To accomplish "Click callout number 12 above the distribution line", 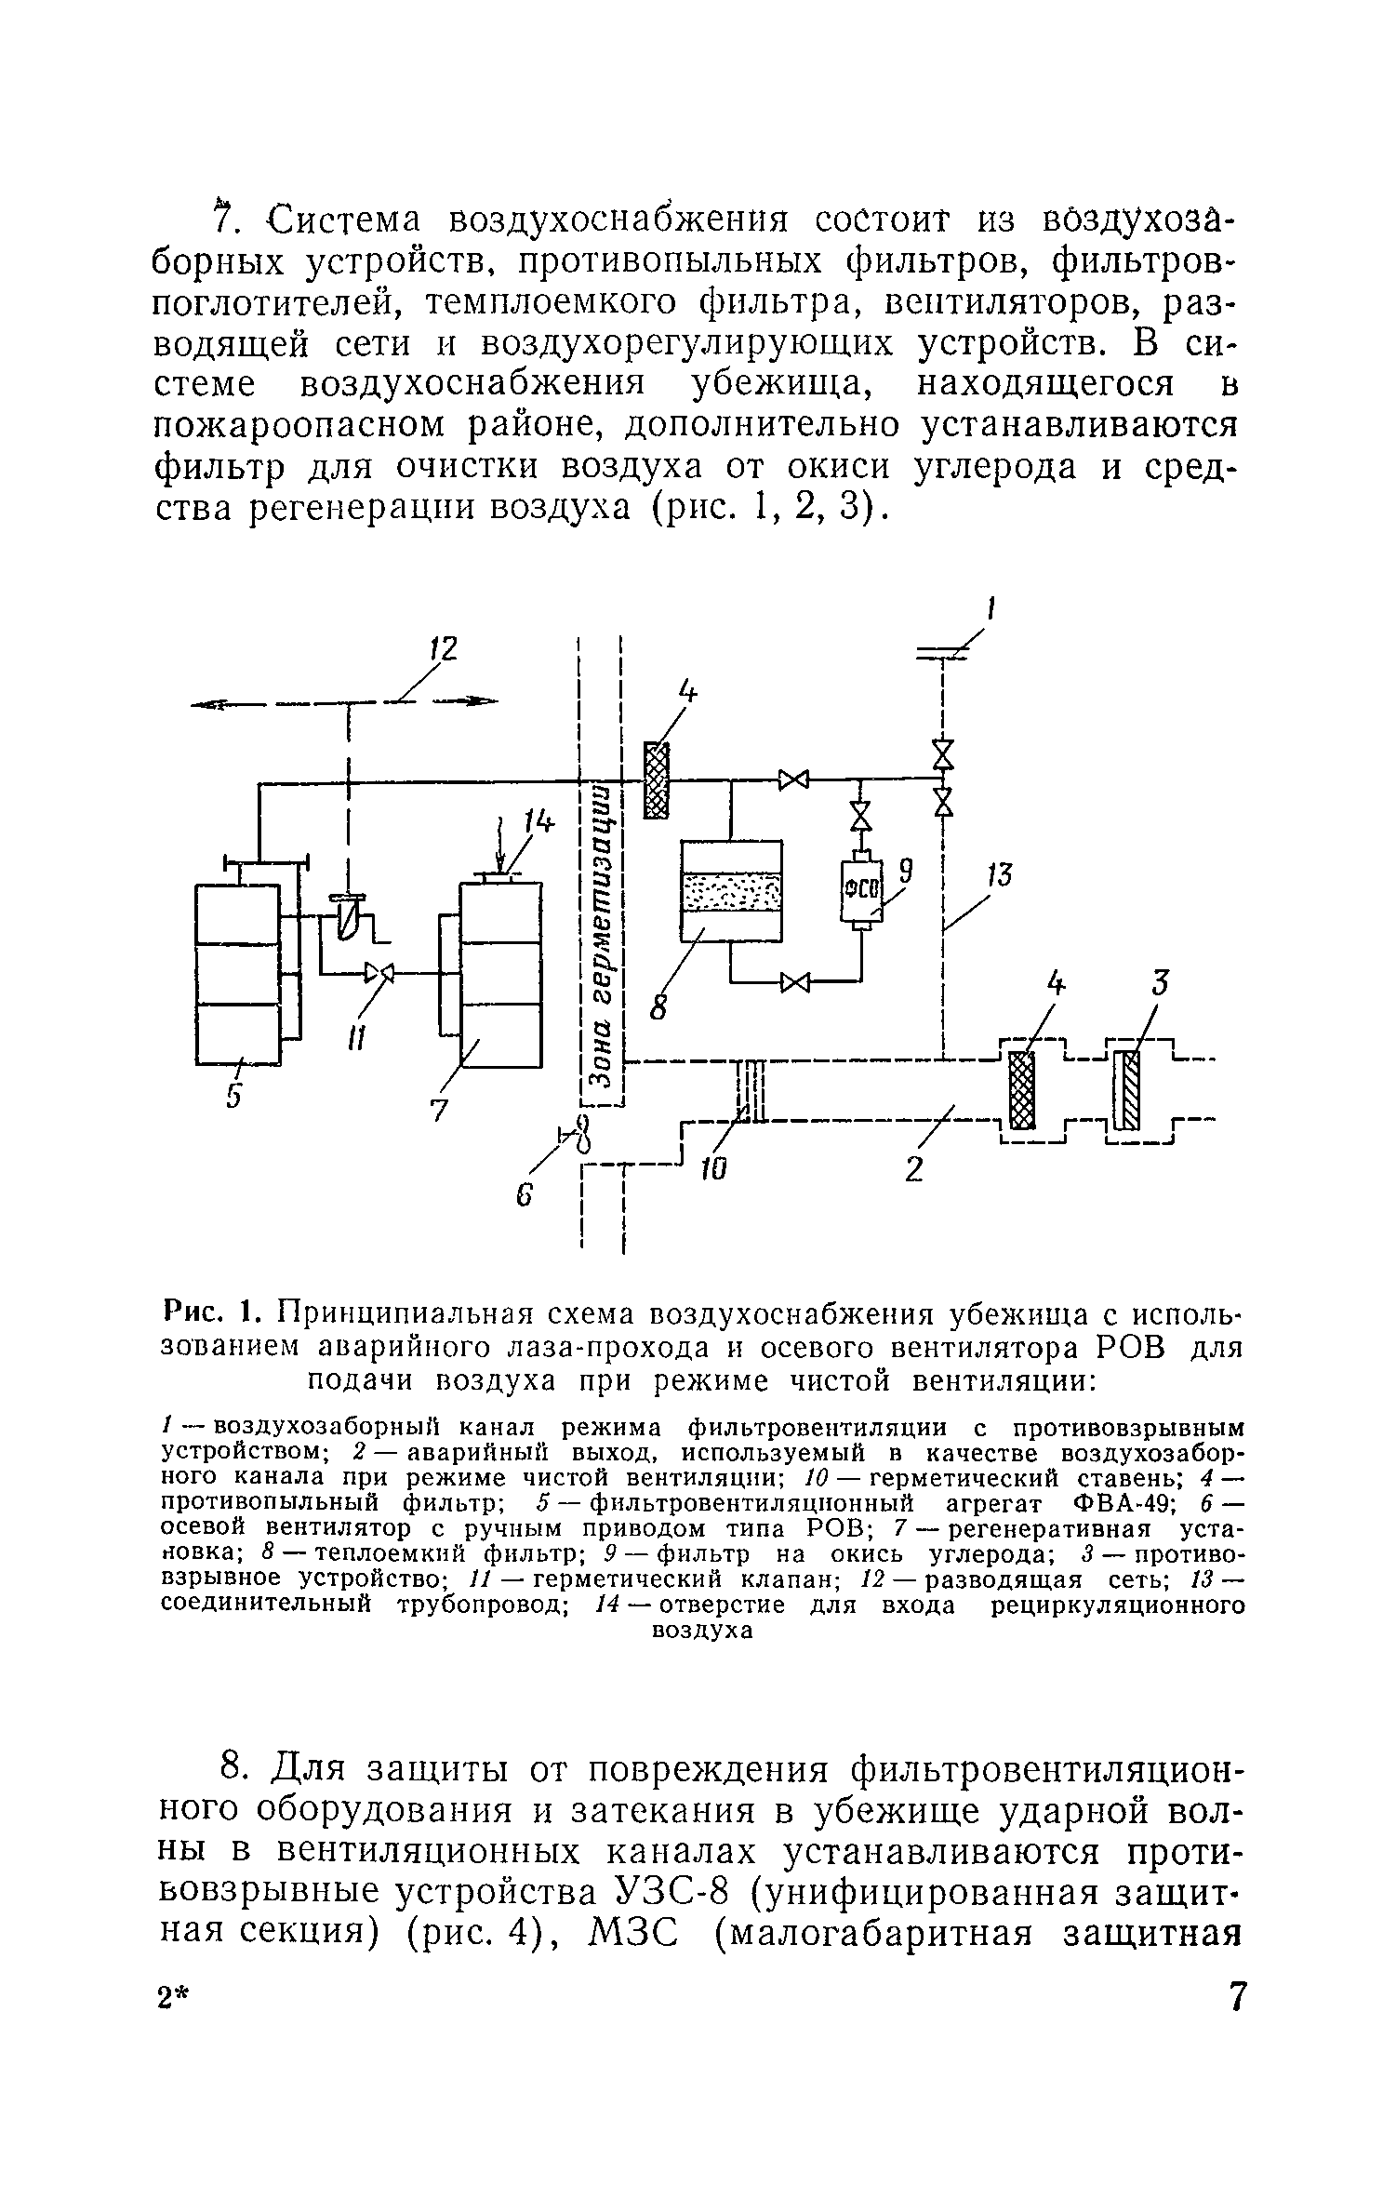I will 445,649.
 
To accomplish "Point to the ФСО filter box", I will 861,888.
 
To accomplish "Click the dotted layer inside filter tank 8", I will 732,892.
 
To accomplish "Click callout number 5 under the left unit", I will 233,1098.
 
